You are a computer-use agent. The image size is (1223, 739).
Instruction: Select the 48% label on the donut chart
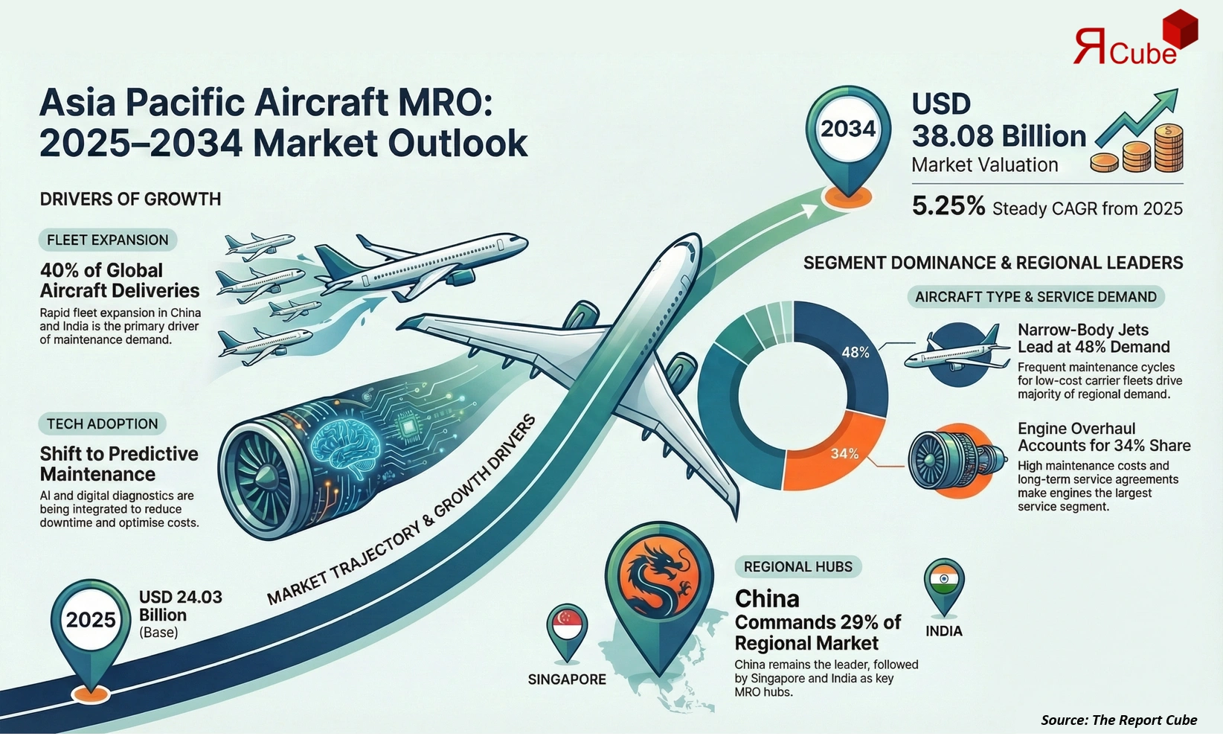tap(855, 352)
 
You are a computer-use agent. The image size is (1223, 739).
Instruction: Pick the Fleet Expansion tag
tap(108, 240)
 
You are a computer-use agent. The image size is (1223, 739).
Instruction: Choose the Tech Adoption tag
tap(103, 423)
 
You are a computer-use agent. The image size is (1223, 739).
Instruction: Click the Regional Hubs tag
tap(798, 566)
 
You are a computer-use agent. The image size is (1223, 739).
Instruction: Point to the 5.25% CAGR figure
tap(948, 206)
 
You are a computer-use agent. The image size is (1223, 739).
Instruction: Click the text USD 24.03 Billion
tap(180, 606)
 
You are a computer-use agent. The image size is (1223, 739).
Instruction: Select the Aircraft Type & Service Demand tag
tap(1036, 297)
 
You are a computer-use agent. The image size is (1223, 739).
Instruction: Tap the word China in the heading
tap(767, 598)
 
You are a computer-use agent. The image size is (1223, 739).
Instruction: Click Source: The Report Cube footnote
tap(1119, 720)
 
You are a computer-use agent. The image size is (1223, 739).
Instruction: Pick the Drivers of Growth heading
tap(130, 199)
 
